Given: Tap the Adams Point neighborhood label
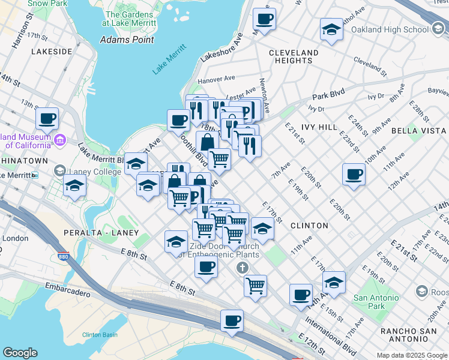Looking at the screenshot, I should [x=127, y=40].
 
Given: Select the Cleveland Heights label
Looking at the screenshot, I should [x=294, y=56].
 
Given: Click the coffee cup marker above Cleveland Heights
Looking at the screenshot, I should [x=264, y=19].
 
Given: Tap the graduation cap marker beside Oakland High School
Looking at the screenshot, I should [x=331, y=29].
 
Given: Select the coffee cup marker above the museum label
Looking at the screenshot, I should [x=47, y=118].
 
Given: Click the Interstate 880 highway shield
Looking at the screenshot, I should [x=63, y=257].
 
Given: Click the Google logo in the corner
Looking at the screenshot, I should [x=20, y=353].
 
